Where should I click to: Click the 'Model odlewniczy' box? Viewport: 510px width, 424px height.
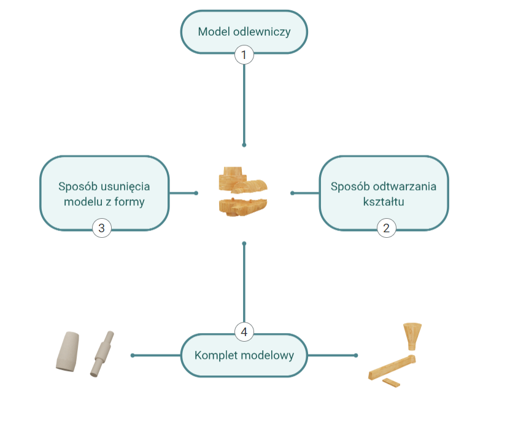[244, 31]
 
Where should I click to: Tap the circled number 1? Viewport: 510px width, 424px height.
[244, 55]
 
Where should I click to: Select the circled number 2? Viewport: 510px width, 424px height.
[386, 229]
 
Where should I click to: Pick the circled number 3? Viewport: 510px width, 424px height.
[102, 229]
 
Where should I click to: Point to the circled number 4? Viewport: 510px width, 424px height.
[244, 332]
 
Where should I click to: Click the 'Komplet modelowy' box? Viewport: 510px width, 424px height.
[244, 355]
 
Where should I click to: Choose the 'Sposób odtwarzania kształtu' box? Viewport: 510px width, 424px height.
[384, 193]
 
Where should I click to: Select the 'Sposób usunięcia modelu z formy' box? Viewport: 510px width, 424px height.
[104, 193]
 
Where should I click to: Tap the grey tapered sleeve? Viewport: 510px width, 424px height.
[68, 352]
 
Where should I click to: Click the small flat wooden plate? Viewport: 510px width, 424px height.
[390, 383]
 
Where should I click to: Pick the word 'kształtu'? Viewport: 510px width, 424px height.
[384, 201]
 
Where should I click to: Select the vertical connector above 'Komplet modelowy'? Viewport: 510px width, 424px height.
[244, 283]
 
